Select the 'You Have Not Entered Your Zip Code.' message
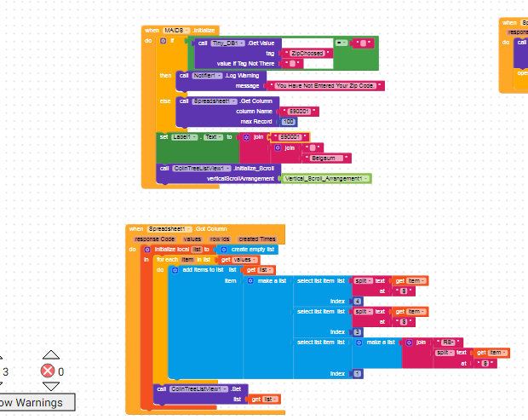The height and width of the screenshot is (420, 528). (x=324, y=86)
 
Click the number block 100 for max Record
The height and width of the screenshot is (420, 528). (x=290, y=122)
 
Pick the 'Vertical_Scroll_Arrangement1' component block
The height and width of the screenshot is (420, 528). (x=326, y=178)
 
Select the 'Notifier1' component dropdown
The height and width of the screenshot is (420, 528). (x=204, y=75)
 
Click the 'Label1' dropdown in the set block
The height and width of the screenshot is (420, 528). (x=192, y=136)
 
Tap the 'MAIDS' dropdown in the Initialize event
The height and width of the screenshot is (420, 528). (x=179, y=30)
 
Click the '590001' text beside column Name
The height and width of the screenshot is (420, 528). (x=299, y=111)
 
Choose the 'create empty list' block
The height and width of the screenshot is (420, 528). (x=248, y=249)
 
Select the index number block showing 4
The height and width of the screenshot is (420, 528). (x=357, y=301)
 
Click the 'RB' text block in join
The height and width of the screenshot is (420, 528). (x=449, y=342)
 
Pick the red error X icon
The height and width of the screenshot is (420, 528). (x=49, y=371)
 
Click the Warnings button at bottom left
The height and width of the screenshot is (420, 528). (x=31, y=402)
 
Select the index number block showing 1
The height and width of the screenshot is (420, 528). (x=357, y=373)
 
